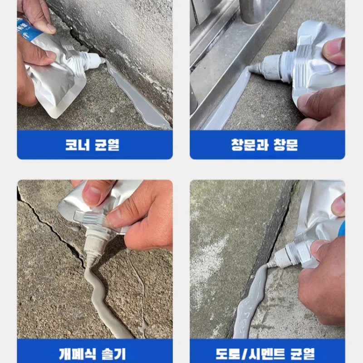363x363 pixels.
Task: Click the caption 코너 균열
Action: tap(92, 145)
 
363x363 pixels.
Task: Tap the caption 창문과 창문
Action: tap(265, 145)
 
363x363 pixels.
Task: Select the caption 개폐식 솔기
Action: tap(93, 354)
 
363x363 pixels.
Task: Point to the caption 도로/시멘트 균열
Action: tap(265, 354)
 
